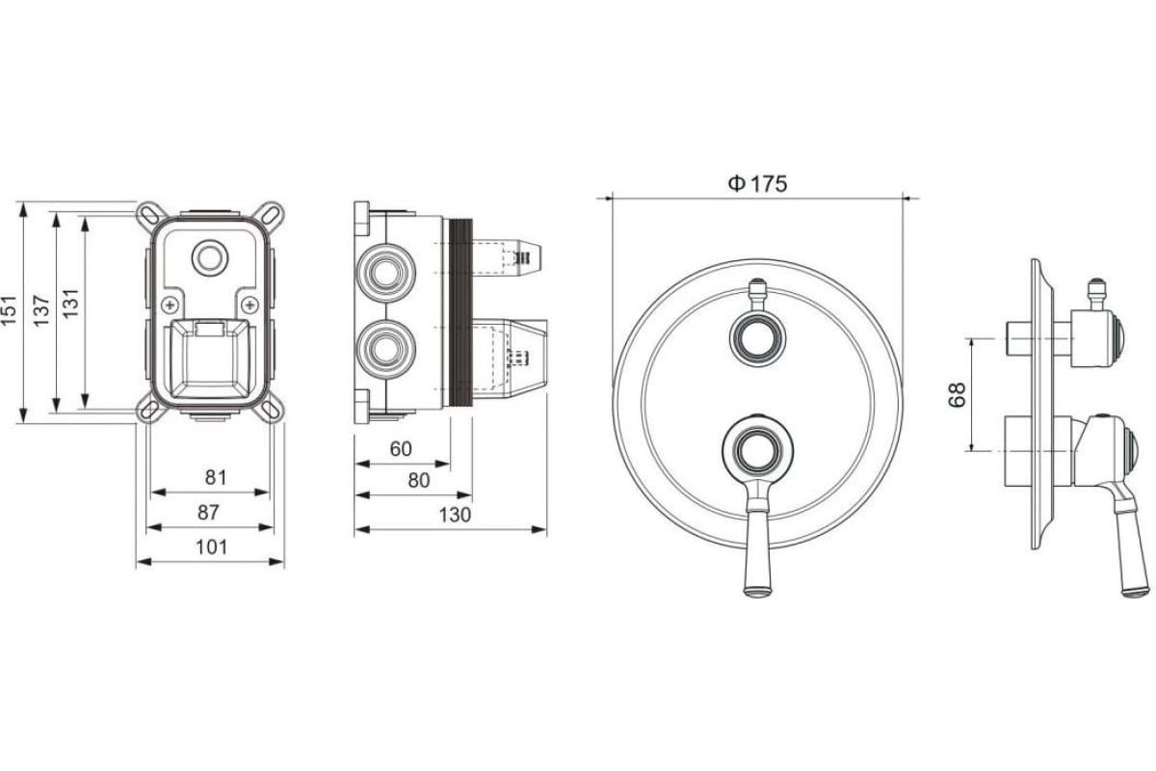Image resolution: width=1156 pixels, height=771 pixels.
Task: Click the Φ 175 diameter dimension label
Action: (x=757, y=183)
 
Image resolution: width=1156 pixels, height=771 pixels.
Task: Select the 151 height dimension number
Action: (x=9, y=310)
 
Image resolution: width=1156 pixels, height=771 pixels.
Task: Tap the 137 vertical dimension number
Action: (x=41, y=310)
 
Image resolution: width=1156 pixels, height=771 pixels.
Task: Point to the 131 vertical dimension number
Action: (x=70, y=303)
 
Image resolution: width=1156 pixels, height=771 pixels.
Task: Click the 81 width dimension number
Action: (x=216, y=477)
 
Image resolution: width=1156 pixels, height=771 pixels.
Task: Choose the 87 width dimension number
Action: (x=208, y=513)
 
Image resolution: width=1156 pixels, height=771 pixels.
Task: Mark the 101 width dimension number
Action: (x=212, y=546)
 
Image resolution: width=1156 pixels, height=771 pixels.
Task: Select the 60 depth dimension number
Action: (x=401, y=449)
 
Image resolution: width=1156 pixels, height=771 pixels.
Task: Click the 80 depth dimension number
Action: (x=418, y=480)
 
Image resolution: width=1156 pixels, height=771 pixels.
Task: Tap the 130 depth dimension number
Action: (x=455, y=515)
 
